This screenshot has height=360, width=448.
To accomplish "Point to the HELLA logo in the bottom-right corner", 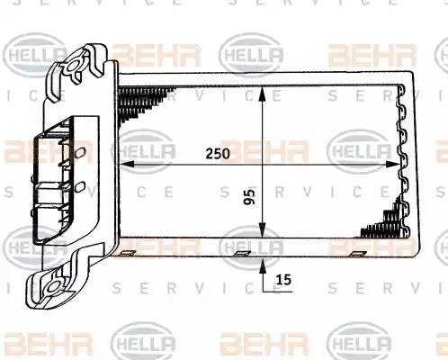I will click(x=360, y=342).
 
